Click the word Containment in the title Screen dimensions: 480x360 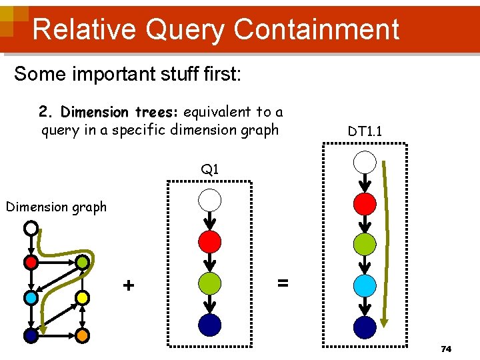(317, 29)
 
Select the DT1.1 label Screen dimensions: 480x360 (365, 132)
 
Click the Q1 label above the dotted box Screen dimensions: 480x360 (210, 169)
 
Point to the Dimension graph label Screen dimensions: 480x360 (56, 207)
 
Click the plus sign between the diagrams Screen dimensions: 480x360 (129, 285)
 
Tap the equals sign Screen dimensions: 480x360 (283, 283)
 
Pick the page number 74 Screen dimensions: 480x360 (446, 349)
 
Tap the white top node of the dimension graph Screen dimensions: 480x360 (31, 229)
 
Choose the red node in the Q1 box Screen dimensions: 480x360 (210, 241)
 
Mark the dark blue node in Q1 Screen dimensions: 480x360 (210, 324)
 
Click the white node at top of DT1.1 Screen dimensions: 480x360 (365, 162)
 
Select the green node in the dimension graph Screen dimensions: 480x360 (81, 263)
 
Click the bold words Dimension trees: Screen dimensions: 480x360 (121, 112)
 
